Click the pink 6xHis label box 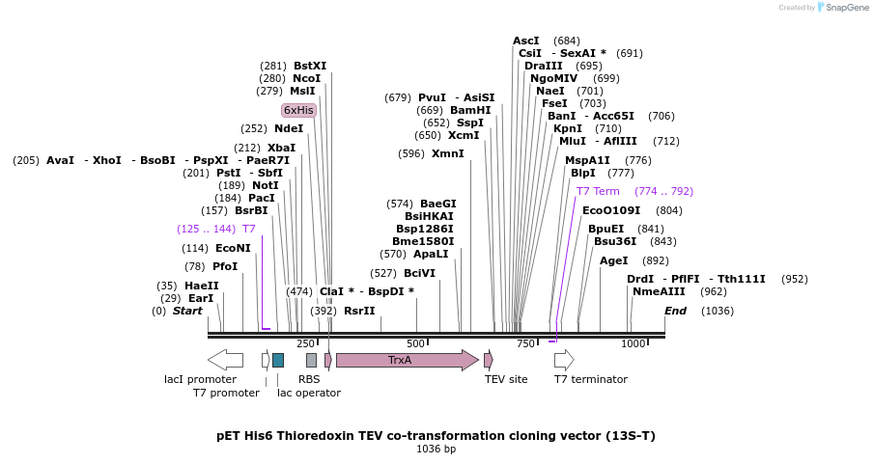click(x=298, y=110)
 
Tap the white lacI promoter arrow click(x=225, y=360)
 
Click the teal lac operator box click(x=278, y=360)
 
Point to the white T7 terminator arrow click(x=564, y=360)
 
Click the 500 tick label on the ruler click(x=416, y=343)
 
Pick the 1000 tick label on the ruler click(x=634, y=343)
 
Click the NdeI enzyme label click(x=289, y=127)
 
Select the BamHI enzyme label click(x=470, y=110)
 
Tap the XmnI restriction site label click(x=447, y=153)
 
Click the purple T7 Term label click(x=598, y=191)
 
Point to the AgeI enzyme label click(x=614, y=260)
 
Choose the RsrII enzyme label click(x=359, y=311)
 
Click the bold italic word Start click(x=187, y=311)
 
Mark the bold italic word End click(x=675, y=311)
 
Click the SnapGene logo click(x=834, y=8)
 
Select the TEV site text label click(x=506, y=379)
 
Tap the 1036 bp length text click(x=436, y=449)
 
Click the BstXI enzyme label click(x=310, y=66)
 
